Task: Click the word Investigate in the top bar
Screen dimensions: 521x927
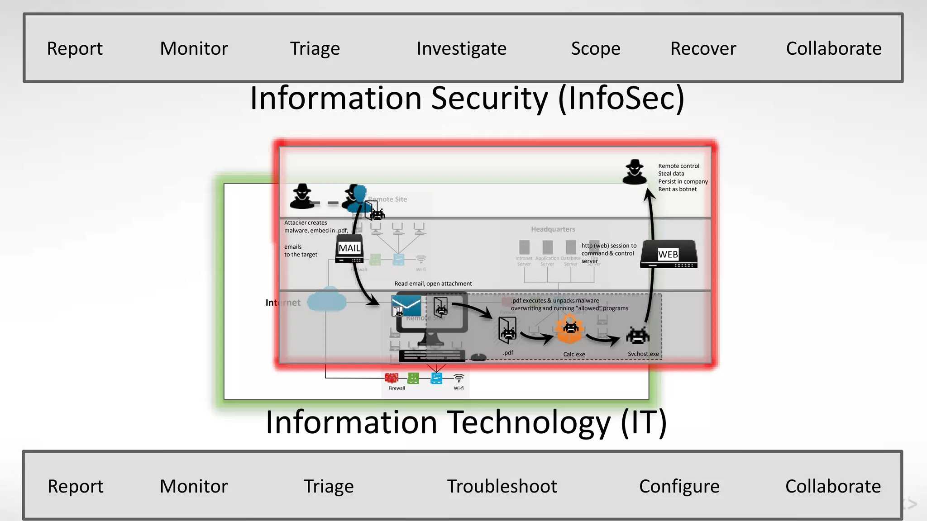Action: coord(461,48)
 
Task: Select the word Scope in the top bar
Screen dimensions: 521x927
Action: coord(595,48)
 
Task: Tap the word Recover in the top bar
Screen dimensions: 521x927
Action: coord(703,48)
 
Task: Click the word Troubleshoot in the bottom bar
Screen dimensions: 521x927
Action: coord(502,486)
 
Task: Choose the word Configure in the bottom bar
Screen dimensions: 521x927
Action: coord(679,486)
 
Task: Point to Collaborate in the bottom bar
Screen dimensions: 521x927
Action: coord(833,486)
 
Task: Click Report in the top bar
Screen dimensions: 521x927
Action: coord(75,48)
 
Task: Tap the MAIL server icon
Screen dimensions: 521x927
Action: coord(349,249)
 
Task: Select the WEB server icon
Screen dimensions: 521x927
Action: coord(669,254)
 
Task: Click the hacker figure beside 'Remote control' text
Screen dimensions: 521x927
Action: coord(635,172)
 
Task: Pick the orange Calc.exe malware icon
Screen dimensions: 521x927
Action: coord(570,329)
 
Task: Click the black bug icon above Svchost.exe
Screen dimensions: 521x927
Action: coord(637,336)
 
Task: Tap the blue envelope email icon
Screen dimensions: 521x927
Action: coord(406,306)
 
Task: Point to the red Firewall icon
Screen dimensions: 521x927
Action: coord(392,378)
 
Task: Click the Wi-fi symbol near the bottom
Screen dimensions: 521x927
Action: coord(459,378)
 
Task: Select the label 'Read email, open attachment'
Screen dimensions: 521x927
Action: coord(433,284)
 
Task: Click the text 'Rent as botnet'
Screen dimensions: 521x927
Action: coord(677,189)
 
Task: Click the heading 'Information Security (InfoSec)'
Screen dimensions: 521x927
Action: coord(467,98)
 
